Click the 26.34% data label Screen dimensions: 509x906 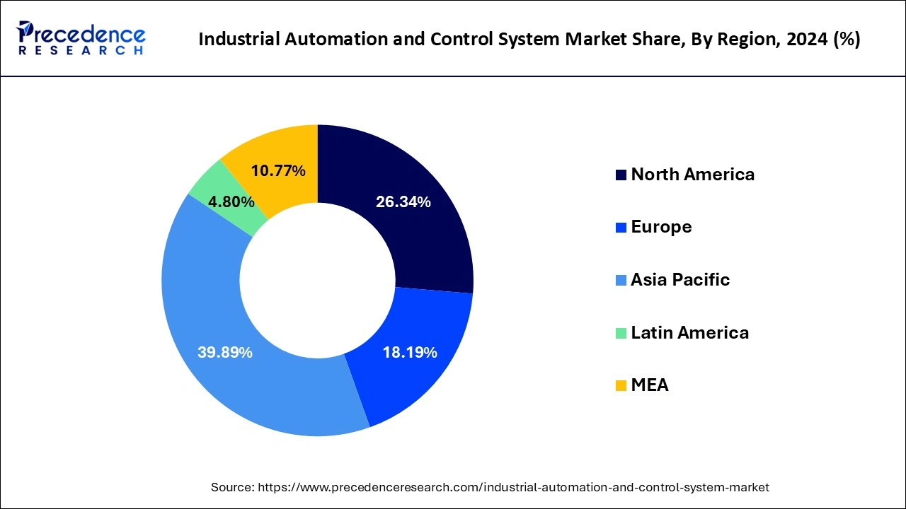point(403,202)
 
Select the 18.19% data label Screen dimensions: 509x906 point(409,352)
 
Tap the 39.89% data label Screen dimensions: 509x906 point(225,352)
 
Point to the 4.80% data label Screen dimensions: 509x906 point(231,202)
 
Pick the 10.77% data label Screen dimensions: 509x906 point(278,170)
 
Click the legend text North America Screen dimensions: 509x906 point(692,175)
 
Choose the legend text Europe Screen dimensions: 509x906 point(661,227)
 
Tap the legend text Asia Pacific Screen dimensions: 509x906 point(680,280)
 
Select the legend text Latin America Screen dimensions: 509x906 point(689,332)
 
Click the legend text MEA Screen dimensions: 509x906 point(650,385)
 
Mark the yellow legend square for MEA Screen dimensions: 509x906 point(621,386)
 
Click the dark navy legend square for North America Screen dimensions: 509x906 point(621,175)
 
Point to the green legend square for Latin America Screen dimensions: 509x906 point(621,333)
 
